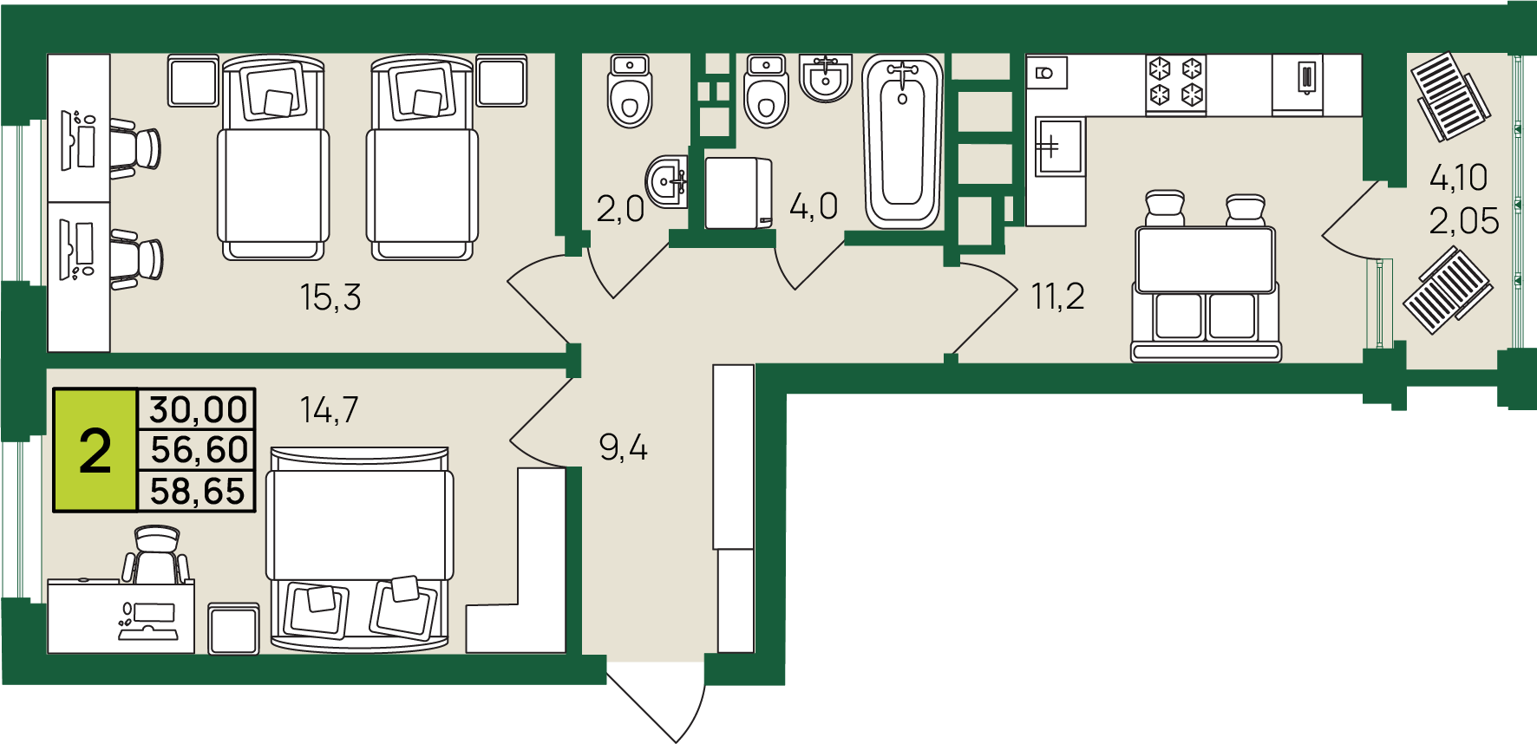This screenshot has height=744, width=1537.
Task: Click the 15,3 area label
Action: (330, 297)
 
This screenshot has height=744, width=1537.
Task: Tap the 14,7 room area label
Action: (329, 409)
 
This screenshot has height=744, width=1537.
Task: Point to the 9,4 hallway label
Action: (623, 447)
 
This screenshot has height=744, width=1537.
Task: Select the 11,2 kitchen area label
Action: (1057, 297)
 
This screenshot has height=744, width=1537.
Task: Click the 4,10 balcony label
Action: (1458, 178)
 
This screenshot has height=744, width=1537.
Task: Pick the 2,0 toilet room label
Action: (620, 209)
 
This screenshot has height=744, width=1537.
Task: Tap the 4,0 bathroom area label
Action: (814, 206)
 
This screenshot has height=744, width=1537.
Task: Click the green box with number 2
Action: (95, 450)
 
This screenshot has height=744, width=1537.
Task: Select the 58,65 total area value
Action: (198, 491)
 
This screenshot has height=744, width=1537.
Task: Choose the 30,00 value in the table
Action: (199, 409)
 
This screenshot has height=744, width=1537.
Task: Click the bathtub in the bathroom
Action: (902, 141)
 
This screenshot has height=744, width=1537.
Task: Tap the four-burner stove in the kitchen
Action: (1176, 84)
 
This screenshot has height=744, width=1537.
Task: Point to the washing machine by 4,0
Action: (738, 193)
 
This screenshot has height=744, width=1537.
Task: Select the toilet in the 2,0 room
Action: (630, 91)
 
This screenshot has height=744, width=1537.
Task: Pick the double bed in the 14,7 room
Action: (360, 549)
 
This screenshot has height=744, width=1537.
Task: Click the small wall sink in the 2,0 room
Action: (667, 182)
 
